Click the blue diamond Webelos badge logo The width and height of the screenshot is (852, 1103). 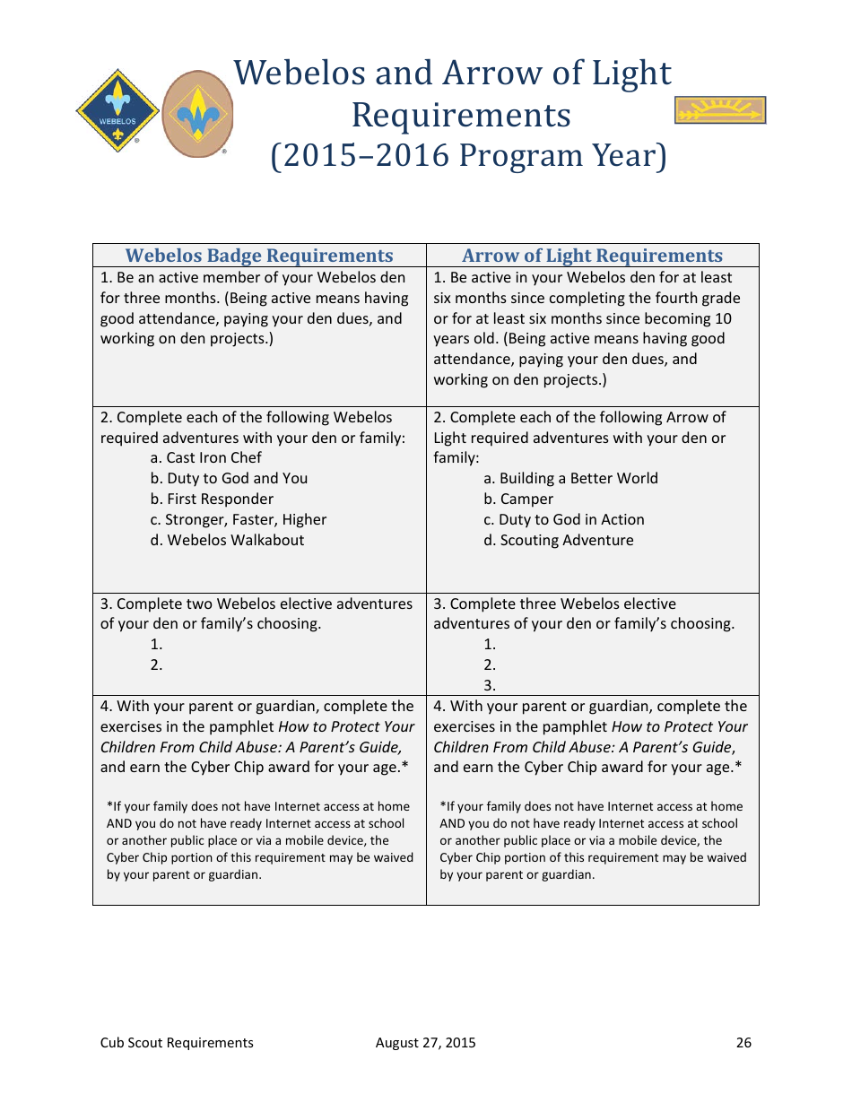pos(117,112)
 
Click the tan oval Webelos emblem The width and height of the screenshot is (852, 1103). pos(196,114)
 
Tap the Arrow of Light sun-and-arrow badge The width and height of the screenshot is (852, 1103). pos(719,110)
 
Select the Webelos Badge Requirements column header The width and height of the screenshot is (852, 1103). pos(259,256)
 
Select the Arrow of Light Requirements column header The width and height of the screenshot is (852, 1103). pos(592,256)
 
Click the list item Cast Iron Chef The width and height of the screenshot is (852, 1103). pos(206,458)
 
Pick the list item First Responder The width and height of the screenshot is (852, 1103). pos(212,499)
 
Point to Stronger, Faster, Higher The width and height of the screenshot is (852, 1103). pos(239,520)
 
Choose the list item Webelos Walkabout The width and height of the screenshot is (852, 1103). pos(227,541)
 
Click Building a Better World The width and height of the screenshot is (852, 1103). pos(570,479)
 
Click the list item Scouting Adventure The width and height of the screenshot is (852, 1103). pos(558,541)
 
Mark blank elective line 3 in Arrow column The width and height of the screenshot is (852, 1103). pos(490,686)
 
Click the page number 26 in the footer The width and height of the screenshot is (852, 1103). pos(743,1043)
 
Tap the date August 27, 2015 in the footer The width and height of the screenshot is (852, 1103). pos(425,1043)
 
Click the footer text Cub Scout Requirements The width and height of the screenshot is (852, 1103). pos(177,1043)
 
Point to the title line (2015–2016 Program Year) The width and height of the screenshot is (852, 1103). pos(469,156)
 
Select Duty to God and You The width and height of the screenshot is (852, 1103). pos(229,479)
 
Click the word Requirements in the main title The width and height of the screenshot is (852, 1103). pos(461,116)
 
